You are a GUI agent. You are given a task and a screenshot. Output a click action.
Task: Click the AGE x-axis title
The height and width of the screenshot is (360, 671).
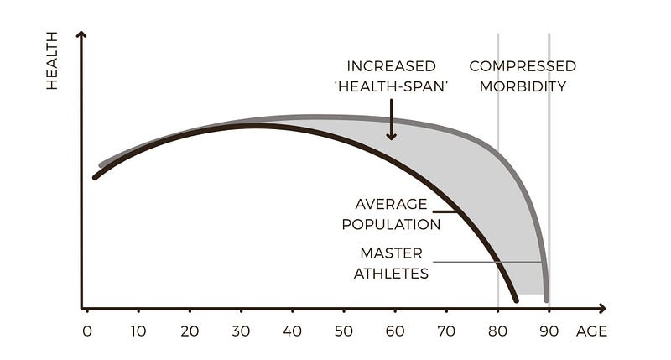[x=591, y=331]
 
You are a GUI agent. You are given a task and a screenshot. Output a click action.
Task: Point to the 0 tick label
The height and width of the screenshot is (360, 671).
[x=87, y=331]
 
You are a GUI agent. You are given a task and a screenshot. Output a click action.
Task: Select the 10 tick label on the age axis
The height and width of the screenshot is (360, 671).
[x=138, y=331]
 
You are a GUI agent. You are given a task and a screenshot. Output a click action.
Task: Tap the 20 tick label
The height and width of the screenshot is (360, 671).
[x=190, y=331]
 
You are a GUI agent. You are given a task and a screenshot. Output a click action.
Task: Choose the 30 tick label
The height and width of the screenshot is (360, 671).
[x=241, y=331]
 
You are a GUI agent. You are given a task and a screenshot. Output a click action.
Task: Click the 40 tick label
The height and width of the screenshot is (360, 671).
[x=292, y=331]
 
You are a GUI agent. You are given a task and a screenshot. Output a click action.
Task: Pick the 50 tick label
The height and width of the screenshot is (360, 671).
[x=343, y=331]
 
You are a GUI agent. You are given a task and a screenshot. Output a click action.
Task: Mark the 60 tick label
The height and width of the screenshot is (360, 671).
[x=394, y=331]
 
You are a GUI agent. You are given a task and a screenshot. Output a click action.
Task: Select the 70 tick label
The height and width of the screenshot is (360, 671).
[x=445, y=331]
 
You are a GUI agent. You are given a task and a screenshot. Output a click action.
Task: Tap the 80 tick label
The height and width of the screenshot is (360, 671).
[x=497, y=331]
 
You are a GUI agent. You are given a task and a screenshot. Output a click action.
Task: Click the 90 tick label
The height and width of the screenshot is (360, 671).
[x=549, y=331]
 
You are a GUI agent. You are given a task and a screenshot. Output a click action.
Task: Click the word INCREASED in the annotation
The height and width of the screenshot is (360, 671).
[x=391, y=66]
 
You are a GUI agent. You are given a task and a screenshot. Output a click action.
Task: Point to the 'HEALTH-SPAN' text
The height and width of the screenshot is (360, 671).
[x=391, y=86]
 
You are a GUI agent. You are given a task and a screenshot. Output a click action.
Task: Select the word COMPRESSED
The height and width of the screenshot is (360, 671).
[x=522, y=66]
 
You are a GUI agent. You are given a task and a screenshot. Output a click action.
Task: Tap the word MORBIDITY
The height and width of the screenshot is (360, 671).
[x=522, y=86]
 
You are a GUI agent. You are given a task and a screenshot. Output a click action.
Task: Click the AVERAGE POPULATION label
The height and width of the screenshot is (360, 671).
[x=397, y=214]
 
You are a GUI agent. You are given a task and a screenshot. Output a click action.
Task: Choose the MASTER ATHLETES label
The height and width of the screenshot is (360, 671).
[x=392, y=263]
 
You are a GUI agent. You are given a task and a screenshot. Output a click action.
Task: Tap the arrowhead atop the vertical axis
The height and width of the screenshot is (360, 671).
[x=81, y=36]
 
